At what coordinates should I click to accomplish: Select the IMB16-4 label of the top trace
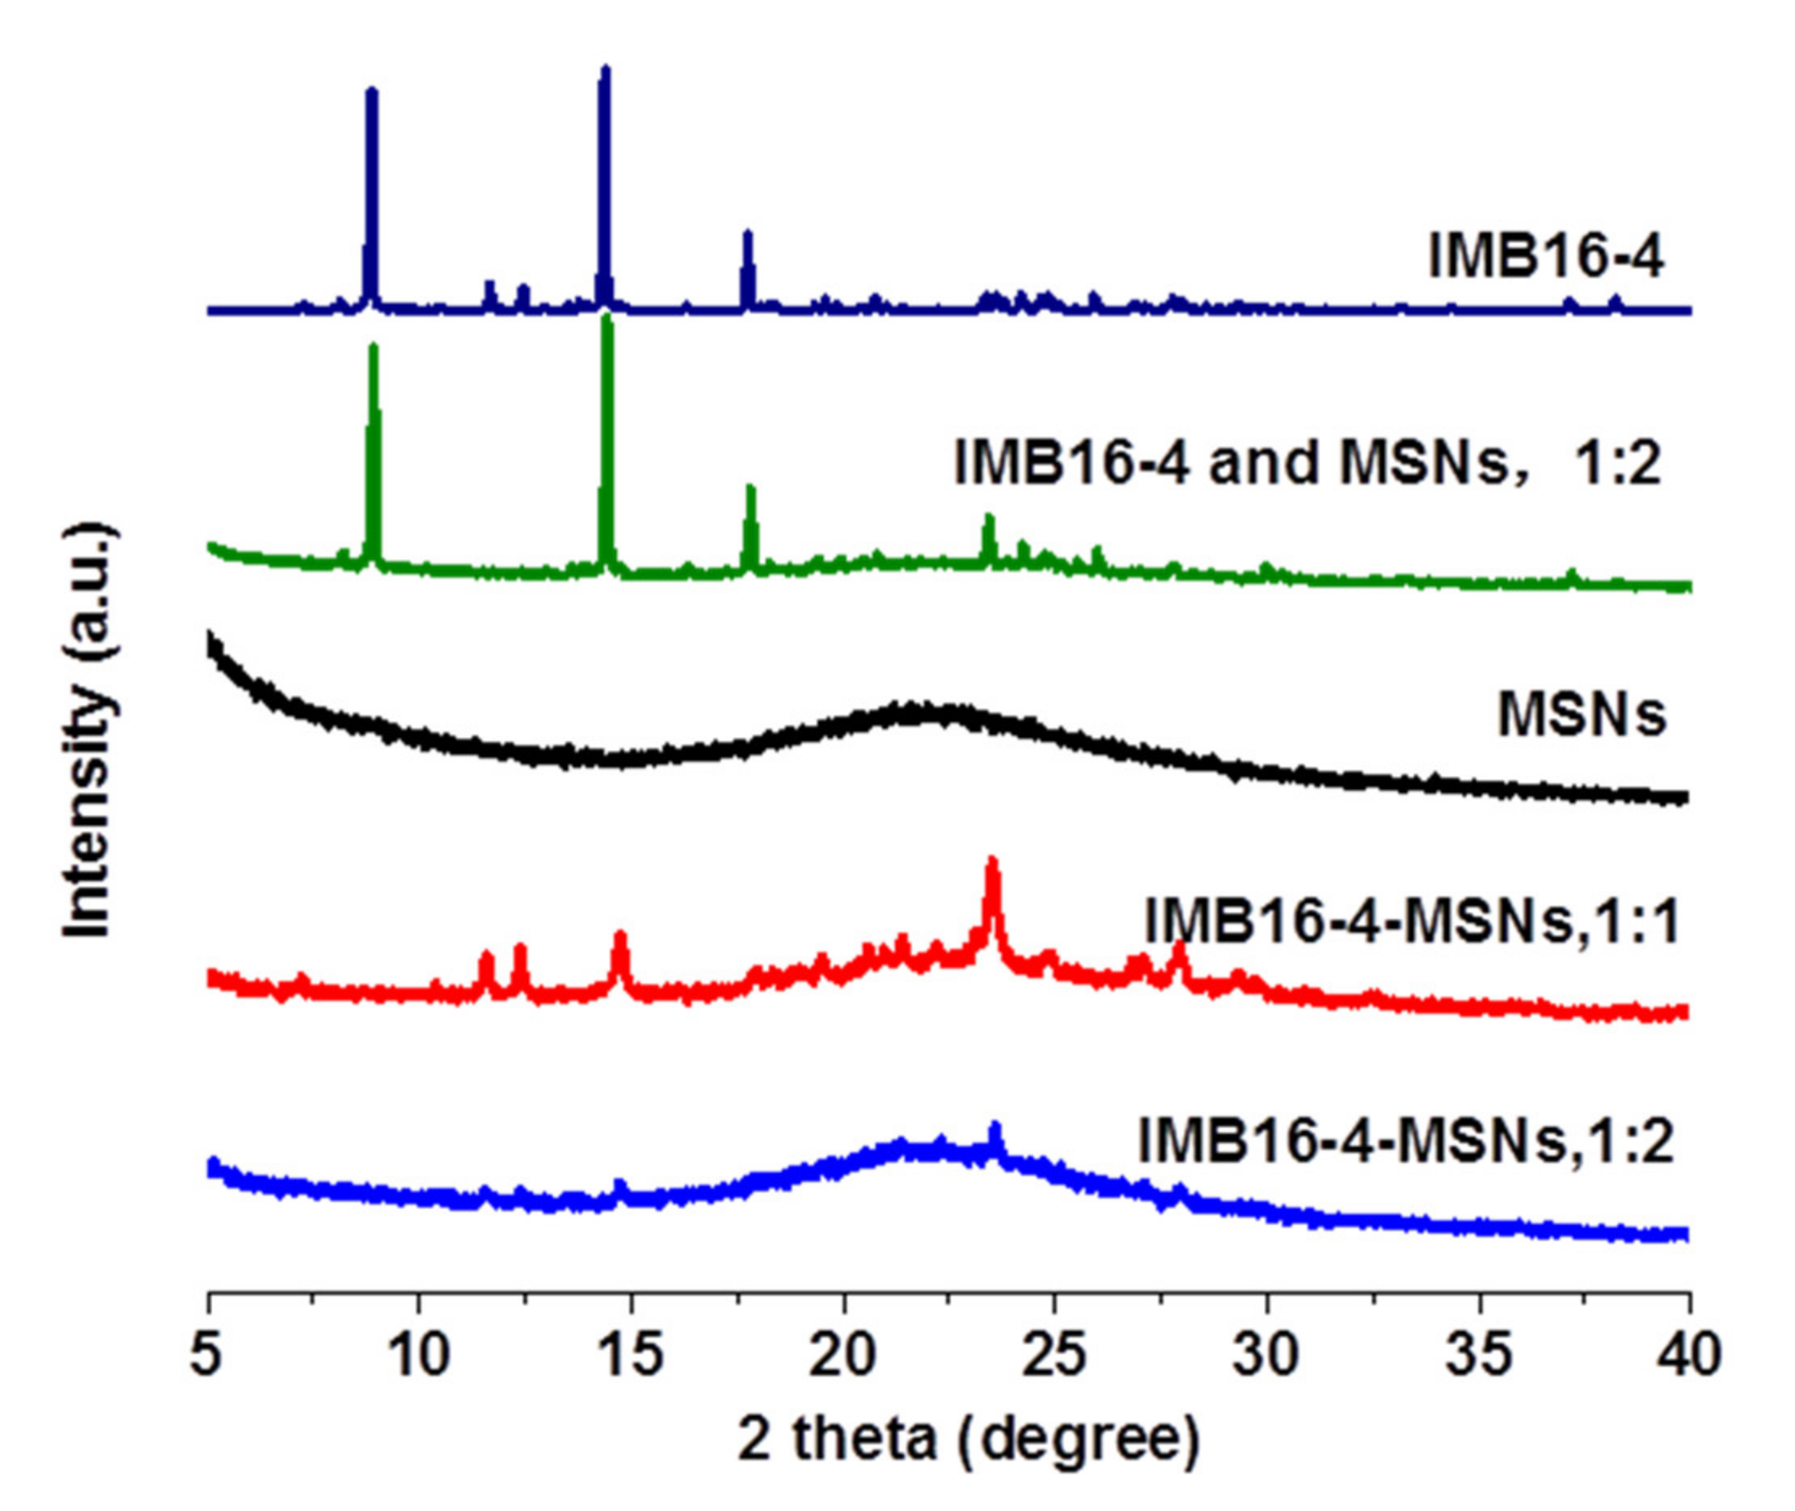(1546, 256)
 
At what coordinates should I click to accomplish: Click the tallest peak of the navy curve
(605, 70)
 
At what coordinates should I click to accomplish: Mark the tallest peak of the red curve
(993, 861)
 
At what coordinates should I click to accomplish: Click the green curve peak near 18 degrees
(751, 490)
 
